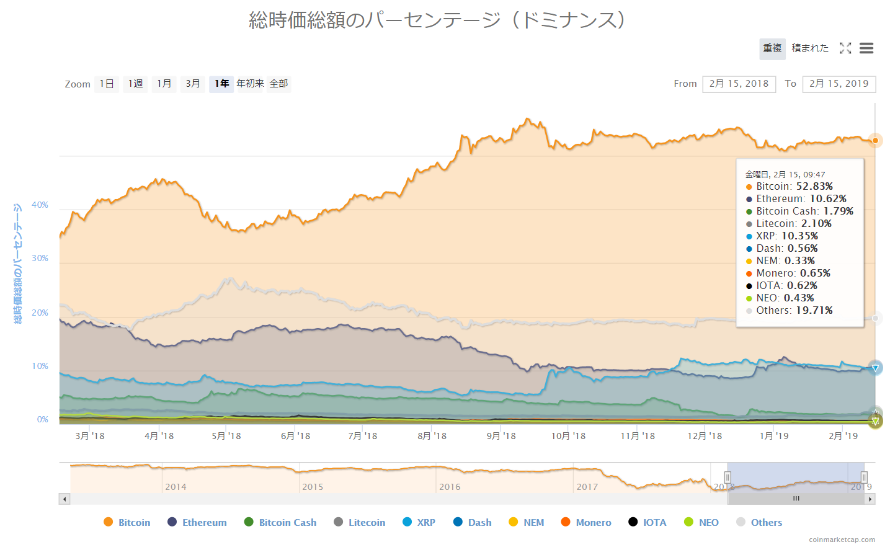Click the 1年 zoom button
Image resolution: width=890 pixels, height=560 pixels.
point(221,84)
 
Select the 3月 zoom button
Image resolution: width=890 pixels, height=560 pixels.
point(193,84)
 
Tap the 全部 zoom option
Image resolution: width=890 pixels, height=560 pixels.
point(278,84)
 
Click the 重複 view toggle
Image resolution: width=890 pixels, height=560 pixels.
point(772,48)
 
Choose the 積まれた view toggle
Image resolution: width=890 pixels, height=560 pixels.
point(810,48)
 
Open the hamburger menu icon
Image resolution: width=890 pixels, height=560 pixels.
point(866,48)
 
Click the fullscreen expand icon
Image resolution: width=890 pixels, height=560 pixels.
point(845,48)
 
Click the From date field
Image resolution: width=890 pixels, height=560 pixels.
point(739,84)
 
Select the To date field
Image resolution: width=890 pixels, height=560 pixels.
point(839,84)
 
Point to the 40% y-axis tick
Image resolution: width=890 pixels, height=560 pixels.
point(40,205)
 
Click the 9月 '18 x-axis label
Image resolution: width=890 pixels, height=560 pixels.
point(501,436)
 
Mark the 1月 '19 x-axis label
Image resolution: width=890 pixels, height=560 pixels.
point(774,436)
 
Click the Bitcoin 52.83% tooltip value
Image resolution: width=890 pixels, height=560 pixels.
point(814,187)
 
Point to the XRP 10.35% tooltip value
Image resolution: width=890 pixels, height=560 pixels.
point(799,236)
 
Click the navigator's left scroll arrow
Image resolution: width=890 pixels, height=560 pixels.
point(65,499)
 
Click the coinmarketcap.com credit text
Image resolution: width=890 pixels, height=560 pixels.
point(842,540)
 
